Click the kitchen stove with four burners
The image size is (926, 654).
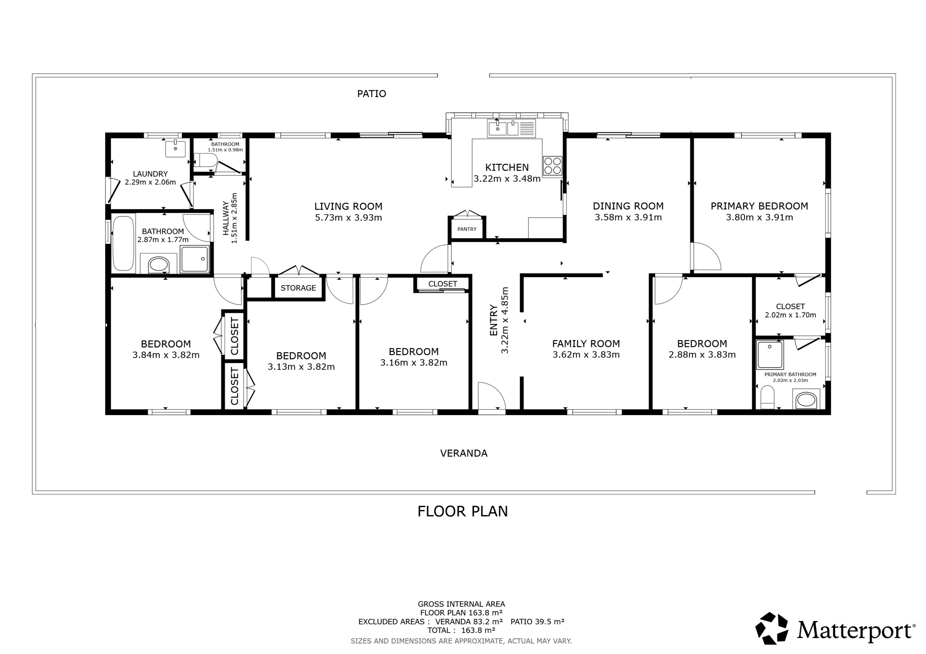pos(552,165)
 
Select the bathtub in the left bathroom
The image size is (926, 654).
pos(123,244)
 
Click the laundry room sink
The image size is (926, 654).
pos(175,149)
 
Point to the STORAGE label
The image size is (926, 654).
pos(298,288)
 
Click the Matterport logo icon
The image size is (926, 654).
pos(772,629)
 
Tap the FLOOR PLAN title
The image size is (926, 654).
pos(463,511)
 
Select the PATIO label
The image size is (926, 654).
pos(371,94)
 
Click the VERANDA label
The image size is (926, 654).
pos(464,453)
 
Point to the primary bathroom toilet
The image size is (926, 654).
pos(767,397)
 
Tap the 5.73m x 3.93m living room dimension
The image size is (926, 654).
pos(348,218)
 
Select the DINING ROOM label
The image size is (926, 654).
pos(628,206)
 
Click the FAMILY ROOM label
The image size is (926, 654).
pos(586,344)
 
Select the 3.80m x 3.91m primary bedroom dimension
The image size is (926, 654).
pos(760,218)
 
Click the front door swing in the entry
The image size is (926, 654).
pos(492,397)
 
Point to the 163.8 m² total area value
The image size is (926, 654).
pos(478,630)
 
